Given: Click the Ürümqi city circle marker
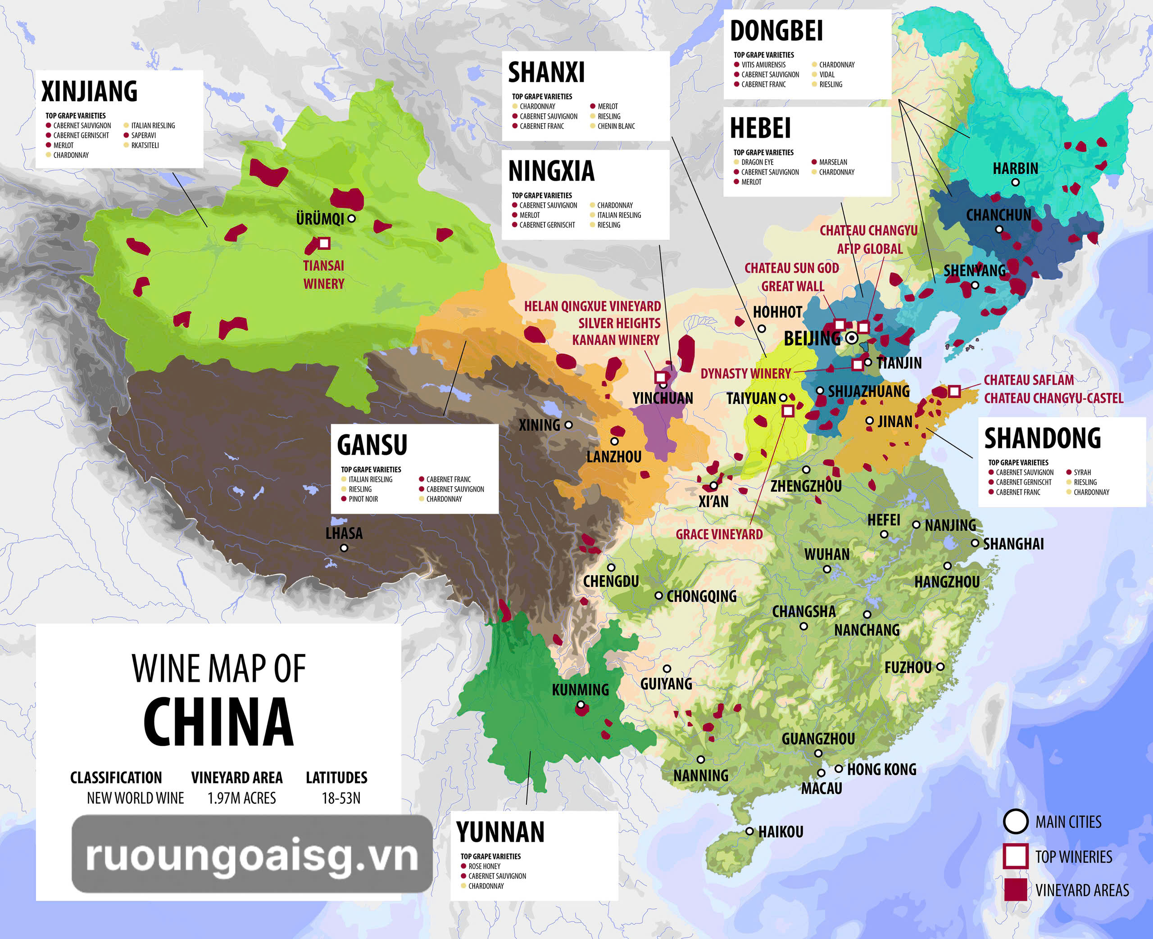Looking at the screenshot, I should (x=352, y=218).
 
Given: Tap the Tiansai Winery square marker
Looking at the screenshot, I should (x=324, y=244).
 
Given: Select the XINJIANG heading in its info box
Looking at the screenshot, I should (x=89, y=91).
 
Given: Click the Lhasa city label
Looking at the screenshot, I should (x=344, y=533).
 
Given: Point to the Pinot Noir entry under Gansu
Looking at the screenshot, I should (x=363, y=499).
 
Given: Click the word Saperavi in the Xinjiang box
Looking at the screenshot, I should (x=143, y=135).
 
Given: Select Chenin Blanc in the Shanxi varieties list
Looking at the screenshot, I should (x=616, y=126).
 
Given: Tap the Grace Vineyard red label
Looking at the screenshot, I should (x=719, y=534).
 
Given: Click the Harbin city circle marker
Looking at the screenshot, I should (x=1016, y=182).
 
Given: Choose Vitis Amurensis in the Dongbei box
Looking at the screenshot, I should (x=763, y=65).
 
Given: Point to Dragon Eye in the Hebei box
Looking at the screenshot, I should (x=757, y=162).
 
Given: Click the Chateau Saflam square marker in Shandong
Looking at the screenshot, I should (x=954, y=391).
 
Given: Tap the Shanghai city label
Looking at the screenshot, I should (x=1013, y=544).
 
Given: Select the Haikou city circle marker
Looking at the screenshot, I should (x=749, y=831).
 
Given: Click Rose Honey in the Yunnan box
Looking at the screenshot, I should (x=484, y=867).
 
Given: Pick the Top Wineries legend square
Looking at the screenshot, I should (x=1015, y=856).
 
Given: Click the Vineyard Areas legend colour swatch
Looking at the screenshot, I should (x=1015, y=890).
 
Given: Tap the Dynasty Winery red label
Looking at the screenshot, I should (x=745, y=374).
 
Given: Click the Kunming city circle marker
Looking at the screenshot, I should (x=581, y=705).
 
